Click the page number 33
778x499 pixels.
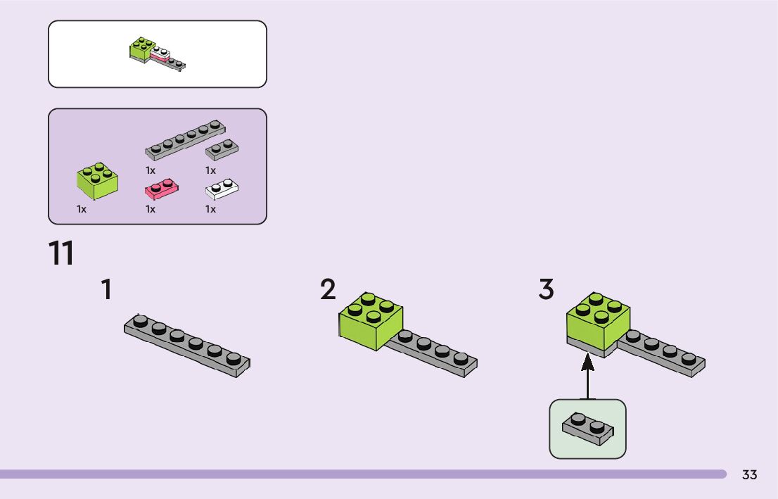(x=749, y=475)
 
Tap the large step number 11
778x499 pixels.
(x=61, y=254)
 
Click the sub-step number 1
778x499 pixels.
(x=106, y=290)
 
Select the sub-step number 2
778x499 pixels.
(x=328, y=290)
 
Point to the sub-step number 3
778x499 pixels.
(x=546, y=290)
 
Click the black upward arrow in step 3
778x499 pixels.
(x=587, y=376)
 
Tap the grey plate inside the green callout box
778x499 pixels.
(x=587, y=429)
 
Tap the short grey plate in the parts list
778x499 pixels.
(x=222, y=149)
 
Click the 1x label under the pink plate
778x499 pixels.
(x=151, y=209)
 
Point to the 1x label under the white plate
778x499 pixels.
(x=210, y=209)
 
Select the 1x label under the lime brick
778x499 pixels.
(x=82, y=209)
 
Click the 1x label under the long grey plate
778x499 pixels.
(x=151, y=170)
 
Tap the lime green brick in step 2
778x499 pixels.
(x=370, y=320)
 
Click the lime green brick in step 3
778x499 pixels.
(x=598, y=320)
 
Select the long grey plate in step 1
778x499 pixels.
(x=187, y=343)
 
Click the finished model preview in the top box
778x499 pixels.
(x=158, y=54)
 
